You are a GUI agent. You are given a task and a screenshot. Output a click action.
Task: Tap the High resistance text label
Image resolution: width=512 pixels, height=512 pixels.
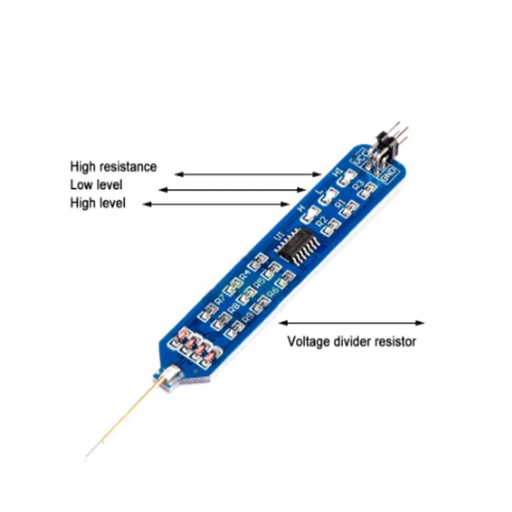[113, 166]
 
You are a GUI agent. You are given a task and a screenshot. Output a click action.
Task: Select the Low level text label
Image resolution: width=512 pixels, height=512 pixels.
[96, 185]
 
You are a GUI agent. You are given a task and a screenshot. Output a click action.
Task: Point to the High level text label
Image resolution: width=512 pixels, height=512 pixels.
[98, 204]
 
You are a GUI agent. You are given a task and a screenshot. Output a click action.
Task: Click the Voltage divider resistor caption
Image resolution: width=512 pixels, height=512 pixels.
[351, 341]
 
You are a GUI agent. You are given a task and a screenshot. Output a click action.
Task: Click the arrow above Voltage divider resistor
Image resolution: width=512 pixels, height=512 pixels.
[351, 323]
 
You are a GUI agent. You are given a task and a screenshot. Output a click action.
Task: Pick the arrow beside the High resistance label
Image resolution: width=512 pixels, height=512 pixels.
[248, 173]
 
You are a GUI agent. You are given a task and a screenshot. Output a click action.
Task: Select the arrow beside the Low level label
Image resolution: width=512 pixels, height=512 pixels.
[233, 189]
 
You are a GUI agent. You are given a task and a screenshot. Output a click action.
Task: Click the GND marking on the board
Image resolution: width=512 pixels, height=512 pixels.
[388, 172]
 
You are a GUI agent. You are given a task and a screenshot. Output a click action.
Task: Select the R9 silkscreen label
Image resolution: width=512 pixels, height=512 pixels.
[248, 316]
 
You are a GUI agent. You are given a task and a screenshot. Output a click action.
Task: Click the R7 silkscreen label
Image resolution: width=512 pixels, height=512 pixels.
[220, 299]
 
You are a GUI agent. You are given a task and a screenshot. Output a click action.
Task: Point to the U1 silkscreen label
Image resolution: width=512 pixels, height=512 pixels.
[278, 237]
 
